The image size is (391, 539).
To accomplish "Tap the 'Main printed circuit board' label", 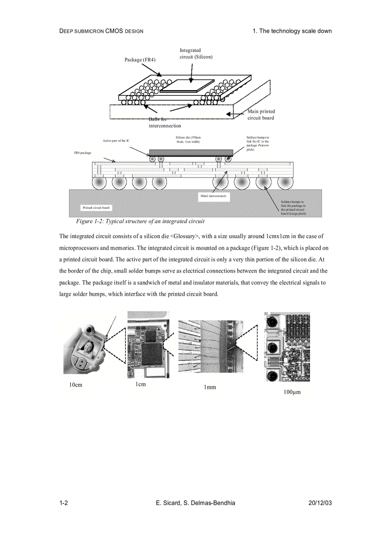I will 261,115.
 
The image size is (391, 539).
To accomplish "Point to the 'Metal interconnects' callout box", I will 214,196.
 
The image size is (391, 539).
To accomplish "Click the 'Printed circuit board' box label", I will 96,208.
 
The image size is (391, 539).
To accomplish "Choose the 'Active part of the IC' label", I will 116,141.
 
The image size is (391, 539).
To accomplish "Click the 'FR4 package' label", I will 82,153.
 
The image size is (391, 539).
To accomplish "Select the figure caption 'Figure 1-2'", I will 140,221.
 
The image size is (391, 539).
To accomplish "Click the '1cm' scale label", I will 140,384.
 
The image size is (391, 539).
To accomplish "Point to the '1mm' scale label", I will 210,387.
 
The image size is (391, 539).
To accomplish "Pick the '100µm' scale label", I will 291,392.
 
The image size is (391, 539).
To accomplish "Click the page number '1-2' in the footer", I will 63,503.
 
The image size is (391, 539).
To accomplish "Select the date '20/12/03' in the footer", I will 320,503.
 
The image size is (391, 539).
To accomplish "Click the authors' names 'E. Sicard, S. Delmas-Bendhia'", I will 195,503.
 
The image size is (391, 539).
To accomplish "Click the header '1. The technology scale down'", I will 292,31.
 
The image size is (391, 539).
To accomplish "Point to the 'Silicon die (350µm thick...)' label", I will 188,139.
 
